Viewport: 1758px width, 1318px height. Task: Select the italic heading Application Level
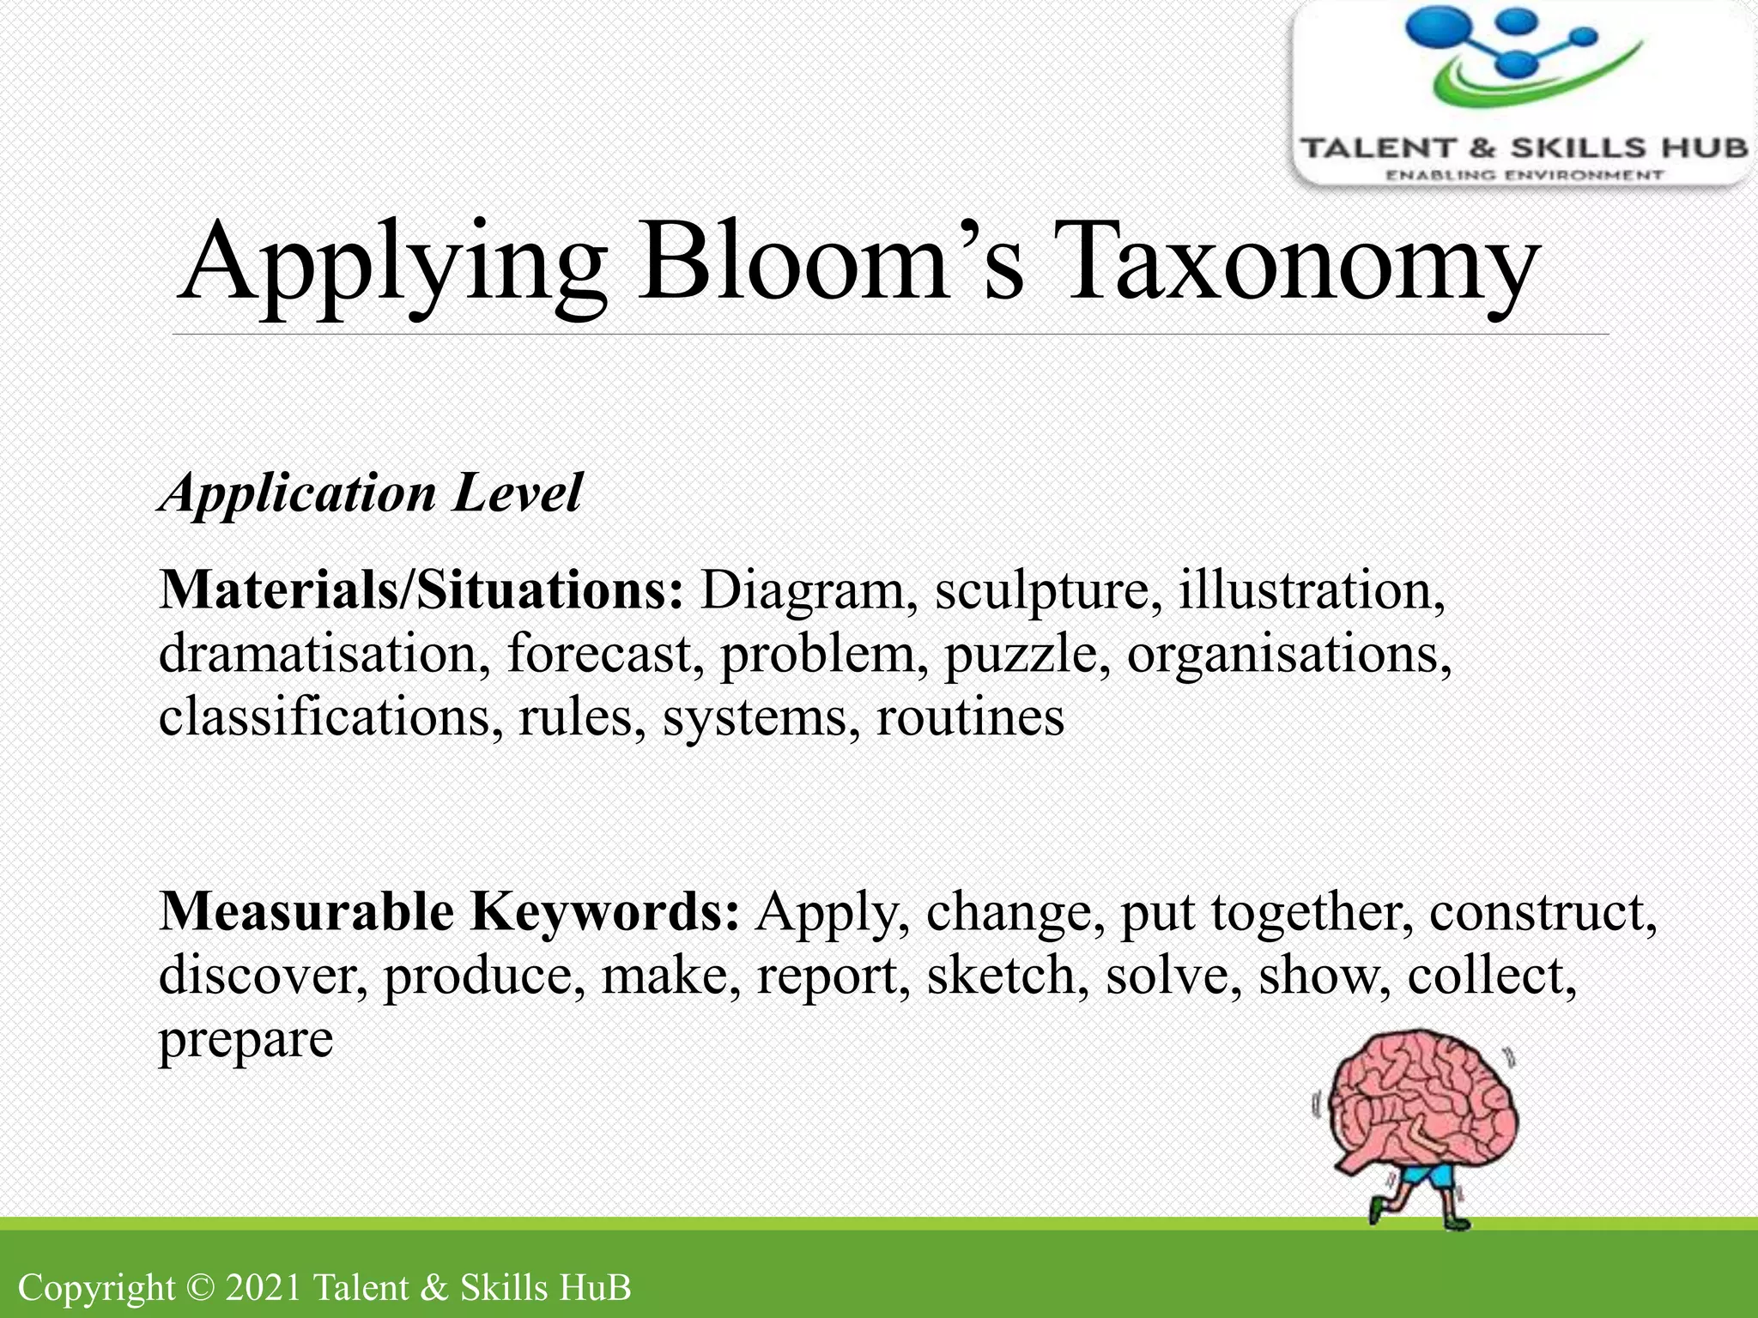point(371,493)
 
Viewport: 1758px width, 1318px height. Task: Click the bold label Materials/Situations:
point(421,590)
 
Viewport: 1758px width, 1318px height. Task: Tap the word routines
point(969,717)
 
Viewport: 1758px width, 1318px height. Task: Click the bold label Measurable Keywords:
point(449,911)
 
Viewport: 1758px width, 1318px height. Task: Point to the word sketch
point(1001,976)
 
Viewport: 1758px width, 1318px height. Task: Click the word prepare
point(246,1040)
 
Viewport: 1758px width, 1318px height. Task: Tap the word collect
point(1490,976)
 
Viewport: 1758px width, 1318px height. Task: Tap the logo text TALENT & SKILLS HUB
point(1524,148)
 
